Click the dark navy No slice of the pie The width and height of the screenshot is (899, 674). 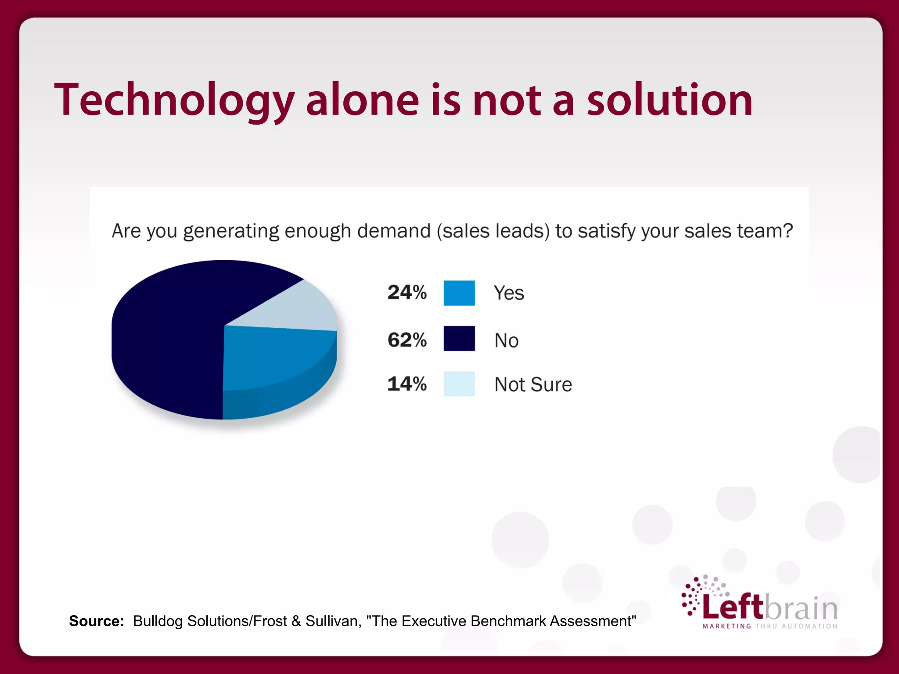pos(167,338)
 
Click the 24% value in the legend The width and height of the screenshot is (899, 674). pos(407,292)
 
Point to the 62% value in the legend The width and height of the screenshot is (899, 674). pos(407,340)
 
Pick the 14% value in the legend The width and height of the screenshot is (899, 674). pos(407,384)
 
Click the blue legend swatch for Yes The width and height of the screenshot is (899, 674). pos(459,293)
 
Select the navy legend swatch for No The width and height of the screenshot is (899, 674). pos(459,338)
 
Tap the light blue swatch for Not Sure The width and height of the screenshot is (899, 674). pos(459,384)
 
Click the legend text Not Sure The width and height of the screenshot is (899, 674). pos(533,384)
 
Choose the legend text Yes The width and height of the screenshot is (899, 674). pos(509,293)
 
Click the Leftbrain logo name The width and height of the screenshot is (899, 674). pos(770,607)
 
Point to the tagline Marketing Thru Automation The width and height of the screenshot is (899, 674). pos(770,626)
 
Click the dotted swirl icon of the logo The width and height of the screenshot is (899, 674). pos(698,595)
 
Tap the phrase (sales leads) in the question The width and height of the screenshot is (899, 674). pos(493,231)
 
